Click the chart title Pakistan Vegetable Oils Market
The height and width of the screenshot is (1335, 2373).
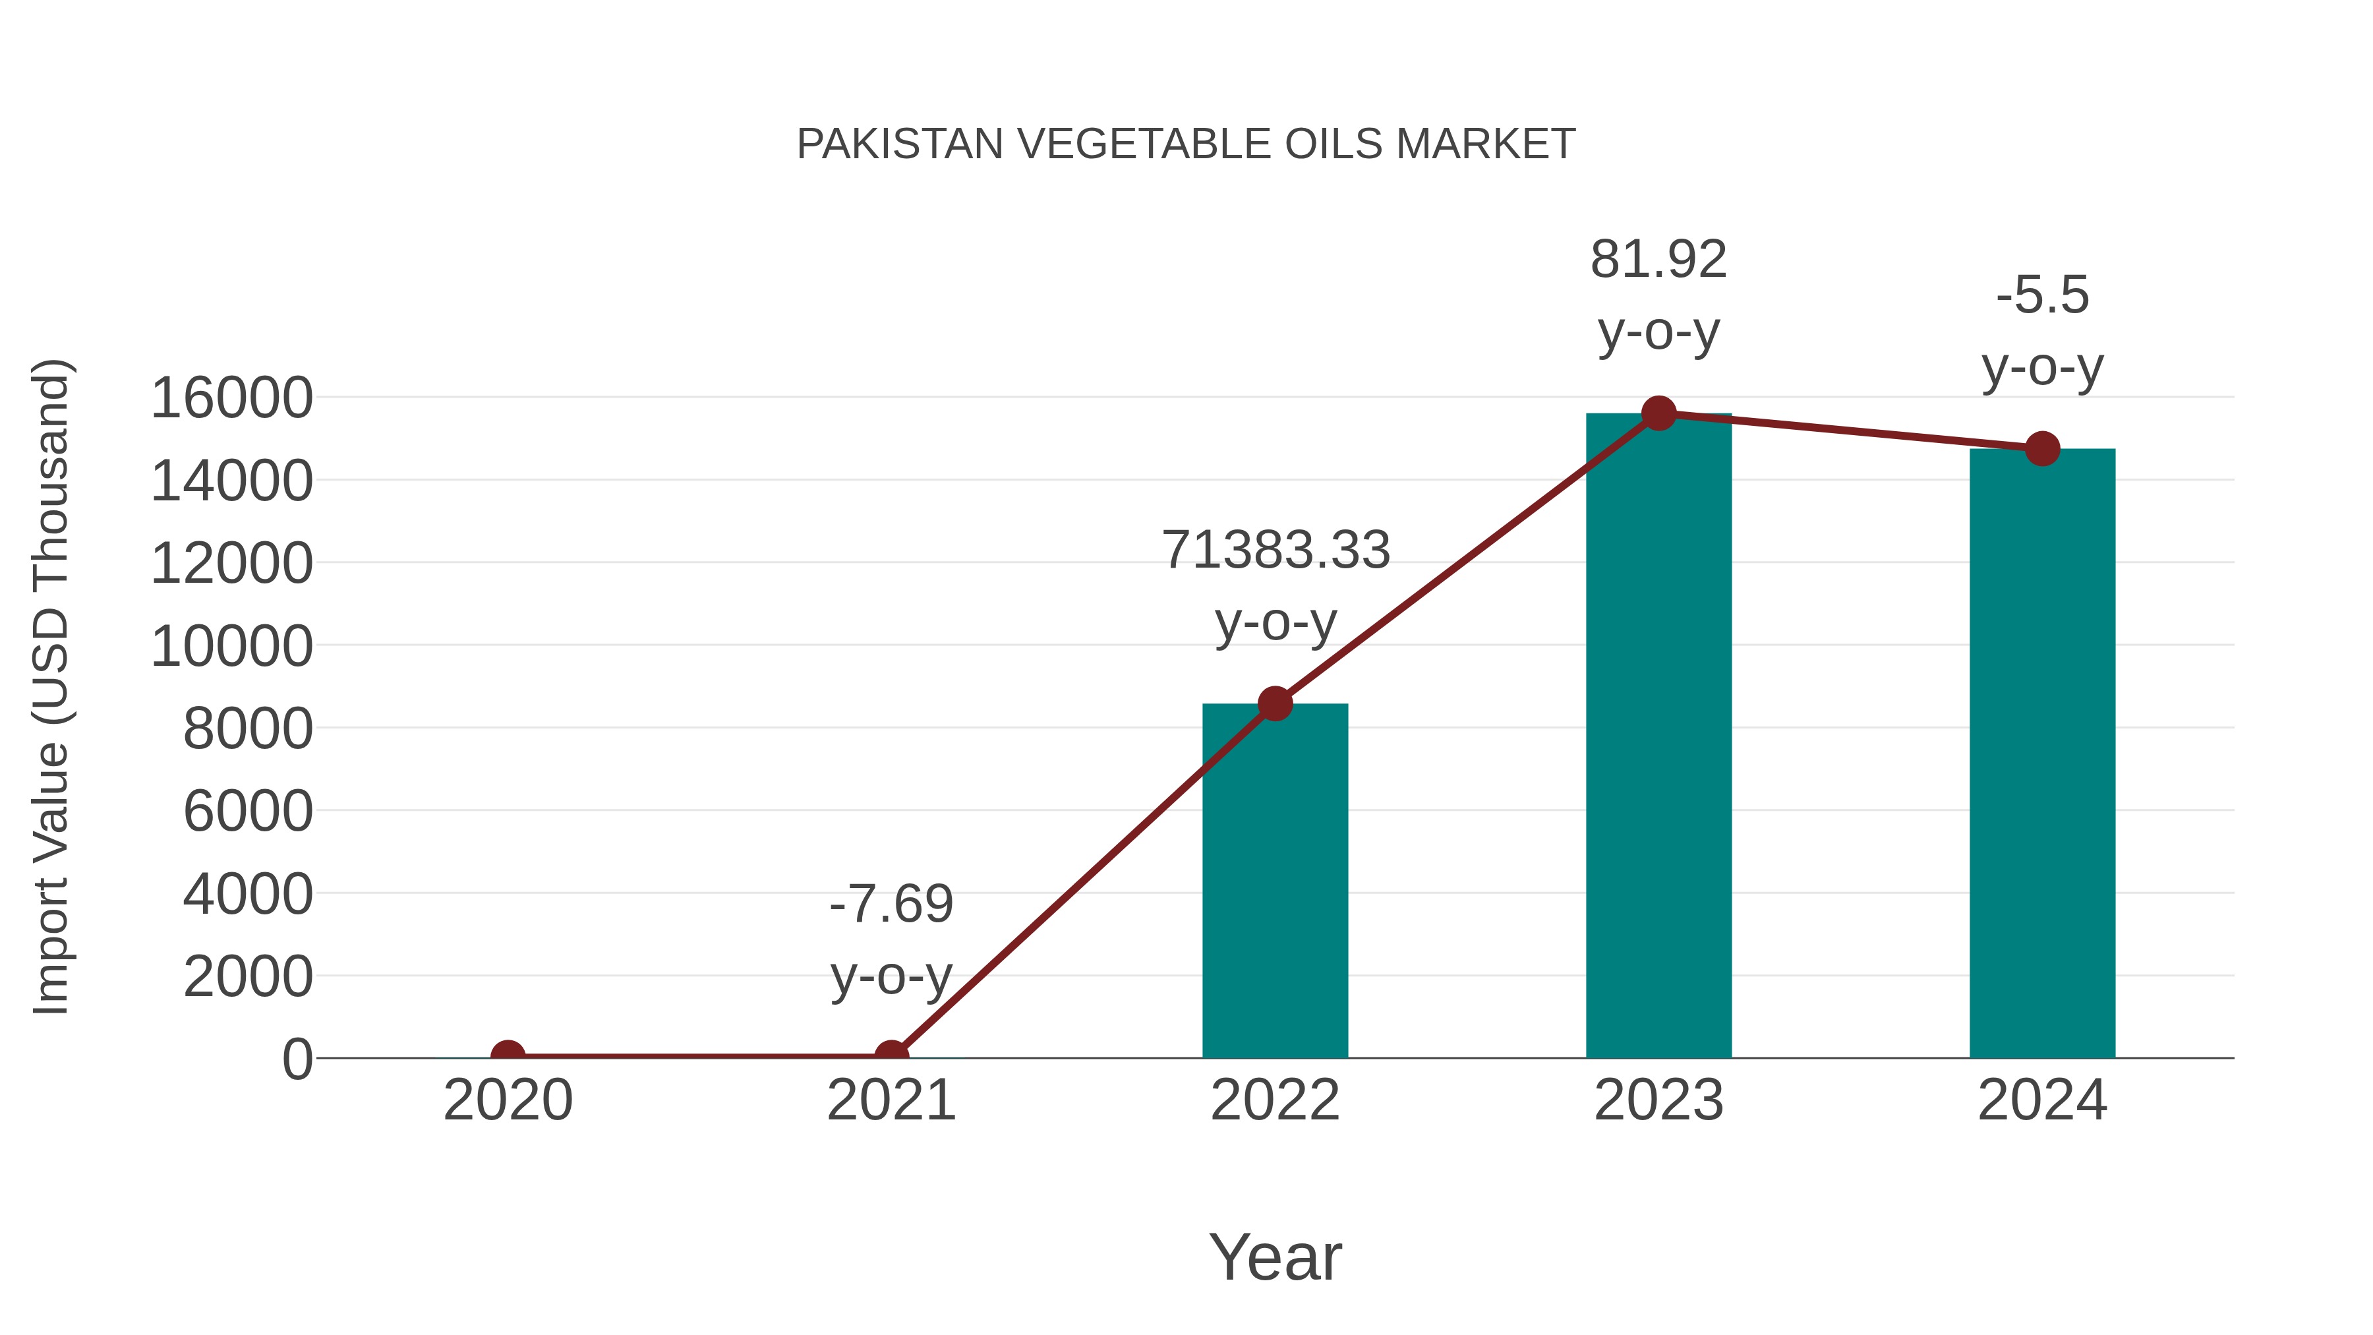[x=1186, y=144]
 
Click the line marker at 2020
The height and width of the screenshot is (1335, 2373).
[x=508, y=1056]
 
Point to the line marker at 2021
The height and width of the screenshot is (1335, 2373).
[x=891, y=1056]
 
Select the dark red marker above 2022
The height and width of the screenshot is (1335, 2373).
[x=1275, y=704]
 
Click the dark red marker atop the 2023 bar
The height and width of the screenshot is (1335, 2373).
[x=1658, y=413]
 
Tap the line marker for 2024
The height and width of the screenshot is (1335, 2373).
[x=2041, y=449]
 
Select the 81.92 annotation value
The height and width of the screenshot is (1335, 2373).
[x=1658, y=260]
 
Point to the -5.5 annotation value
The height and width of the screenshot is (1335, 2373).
[x=2041, y=296]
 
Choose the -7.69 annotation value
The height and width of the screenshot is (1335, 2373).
[x=891, y=904]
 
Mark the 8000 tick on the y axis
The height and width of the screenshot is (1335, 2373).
[x=248, y=730]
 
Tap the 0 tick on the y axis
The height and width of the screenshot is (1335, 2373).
[x=297, y=1059]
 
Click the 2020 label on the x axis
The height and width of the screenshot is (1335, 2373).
[x=508, y=1100]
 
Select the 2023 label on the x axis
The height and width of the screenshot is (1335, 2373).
[x=1658, y=1100]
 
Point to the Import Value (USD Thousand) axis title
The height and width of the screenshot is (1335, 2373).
[x=51, y=686]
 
